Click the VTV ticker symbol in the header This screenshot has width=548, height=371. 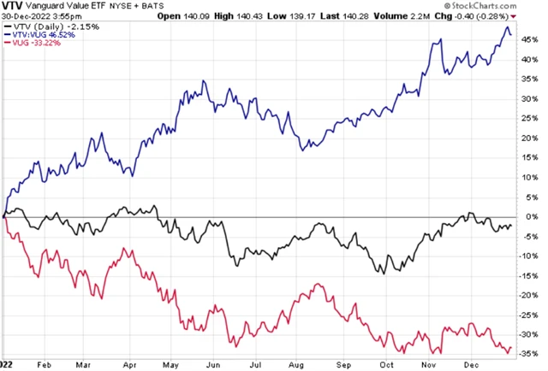[12, 7]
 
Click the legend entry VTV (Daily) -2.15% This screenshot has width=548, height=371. [40, 26]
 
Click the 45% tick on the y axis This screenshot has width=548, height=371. [531, 39]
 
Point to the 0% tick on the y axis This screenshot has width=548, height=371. [528, 216]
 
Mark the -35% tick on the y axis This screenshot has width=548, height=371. [531, 353]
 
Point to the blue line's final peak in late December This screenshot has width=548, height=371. [506, 27]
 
